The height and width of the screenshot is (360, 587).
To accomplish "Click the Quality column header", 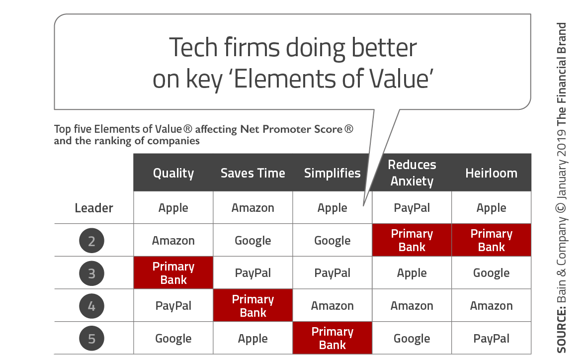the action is coord(173,173).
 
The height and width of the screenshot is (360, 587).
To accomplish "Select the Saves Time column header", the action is coord(252,173).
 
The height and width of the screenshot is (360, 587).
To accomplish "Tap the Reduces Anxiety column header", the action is coord(412,173).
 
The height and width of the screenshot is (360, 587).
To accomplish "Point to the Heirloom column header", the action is coord(491,173).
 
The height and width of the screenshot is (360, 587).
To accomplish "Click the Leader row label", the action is coord(93,208).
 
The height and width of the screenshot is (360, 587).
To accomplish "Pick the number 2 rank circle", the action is coord(92,241).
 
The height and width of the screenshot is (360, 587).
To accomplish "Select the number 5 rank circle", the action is coord(92,339).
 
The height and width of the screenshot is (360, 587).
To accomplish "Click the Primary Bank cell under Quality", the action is coord(173,272).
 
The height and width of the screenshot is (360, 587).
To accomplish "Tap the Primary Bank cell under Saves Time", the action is coord(252,305).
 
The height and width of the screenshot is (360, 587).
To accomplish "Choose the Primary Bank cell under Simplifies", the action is coord(333,338).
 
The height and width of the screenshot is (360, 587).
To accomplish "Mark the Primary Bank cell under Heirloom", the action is coord(491,240).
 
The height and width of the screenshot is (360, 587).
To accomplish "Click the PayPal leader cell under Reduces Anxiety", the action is coord(412,207).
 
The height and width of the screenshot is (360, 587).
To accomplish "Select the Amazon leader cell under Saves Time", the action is coord(252,207).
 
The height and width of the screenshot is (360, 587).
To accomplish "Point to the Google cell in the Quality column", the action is coord(173,338).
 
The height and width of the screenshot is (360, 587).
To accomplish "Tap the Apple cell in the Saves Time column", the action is coord(252,338).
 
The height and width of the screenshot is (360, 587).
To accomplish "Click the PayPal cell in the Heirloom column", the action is coord(491,338).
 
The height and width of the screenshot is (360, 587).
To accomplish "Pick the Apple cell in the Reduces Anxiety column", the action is coord(412,272).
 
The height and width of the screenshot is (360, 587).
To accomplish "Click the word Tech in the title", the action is coord(193,48).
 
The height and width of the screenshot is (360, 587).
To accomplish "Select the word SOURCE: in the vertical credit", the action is coord(561,330).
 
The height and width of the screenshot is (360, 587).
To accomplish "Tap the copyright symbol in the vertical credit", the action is coord(561,208).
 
